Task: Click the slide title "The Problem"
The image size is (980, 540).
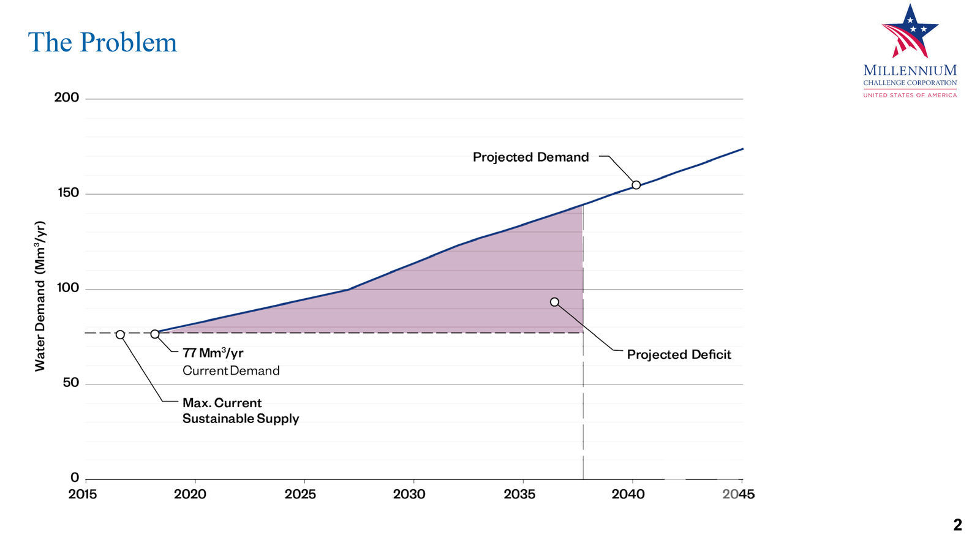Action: click(102, 42)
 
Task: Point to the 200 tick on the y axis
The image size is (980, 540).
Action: click(67, 97)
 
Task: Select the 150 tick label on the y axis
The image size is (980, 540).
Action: click(68, 193)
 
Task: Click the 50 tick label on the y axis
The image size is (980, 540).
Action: click(71, 383)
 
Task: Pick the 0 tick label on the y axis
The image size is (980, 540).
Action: click(75, 478)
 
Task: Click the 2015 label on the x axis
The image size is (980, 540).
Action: click(83, 494)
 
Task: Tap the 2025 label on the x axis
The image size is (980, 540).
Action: click(300, 494)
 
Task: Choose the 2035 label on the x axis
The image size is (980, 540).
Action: click(519, 494)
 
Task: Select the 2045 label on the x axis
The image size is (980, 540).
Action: click(738, 494)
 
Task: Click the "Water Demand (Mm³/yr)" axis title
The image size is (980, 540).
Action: click(40, 296)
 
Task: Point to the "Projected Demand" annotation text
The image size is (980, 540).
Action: click(530, 157)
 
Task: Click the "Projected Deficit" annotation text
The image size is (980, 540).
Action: click(679, 354)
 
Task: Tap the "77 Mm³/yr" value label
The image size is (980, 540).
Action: click(213, 353)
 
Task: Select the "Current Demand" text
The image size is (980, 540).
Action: click(231, 370)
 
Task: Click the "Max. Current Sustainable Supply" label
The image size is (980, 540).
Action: click(240, 411)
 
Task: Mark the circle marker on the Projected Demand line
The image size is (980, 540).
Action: click(636, 185)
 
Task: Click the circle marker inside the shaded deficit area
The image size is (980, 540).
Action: click(554, 302)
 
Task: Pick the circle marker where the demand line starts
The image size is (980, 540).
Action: click(155, 334)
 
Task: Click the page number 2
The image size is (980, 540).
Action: click(957, 525)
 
